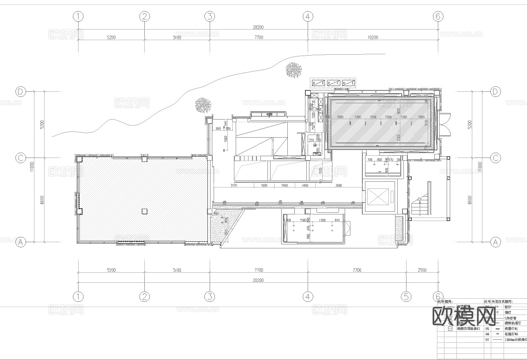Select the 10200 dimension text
pos(373,37)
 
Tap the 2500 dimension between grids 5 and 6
pos(422,270)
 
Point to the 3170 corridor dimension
pos(233,186)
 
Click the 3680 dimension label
pos(339,186)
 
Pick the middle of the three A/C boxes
pos(333,83)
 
